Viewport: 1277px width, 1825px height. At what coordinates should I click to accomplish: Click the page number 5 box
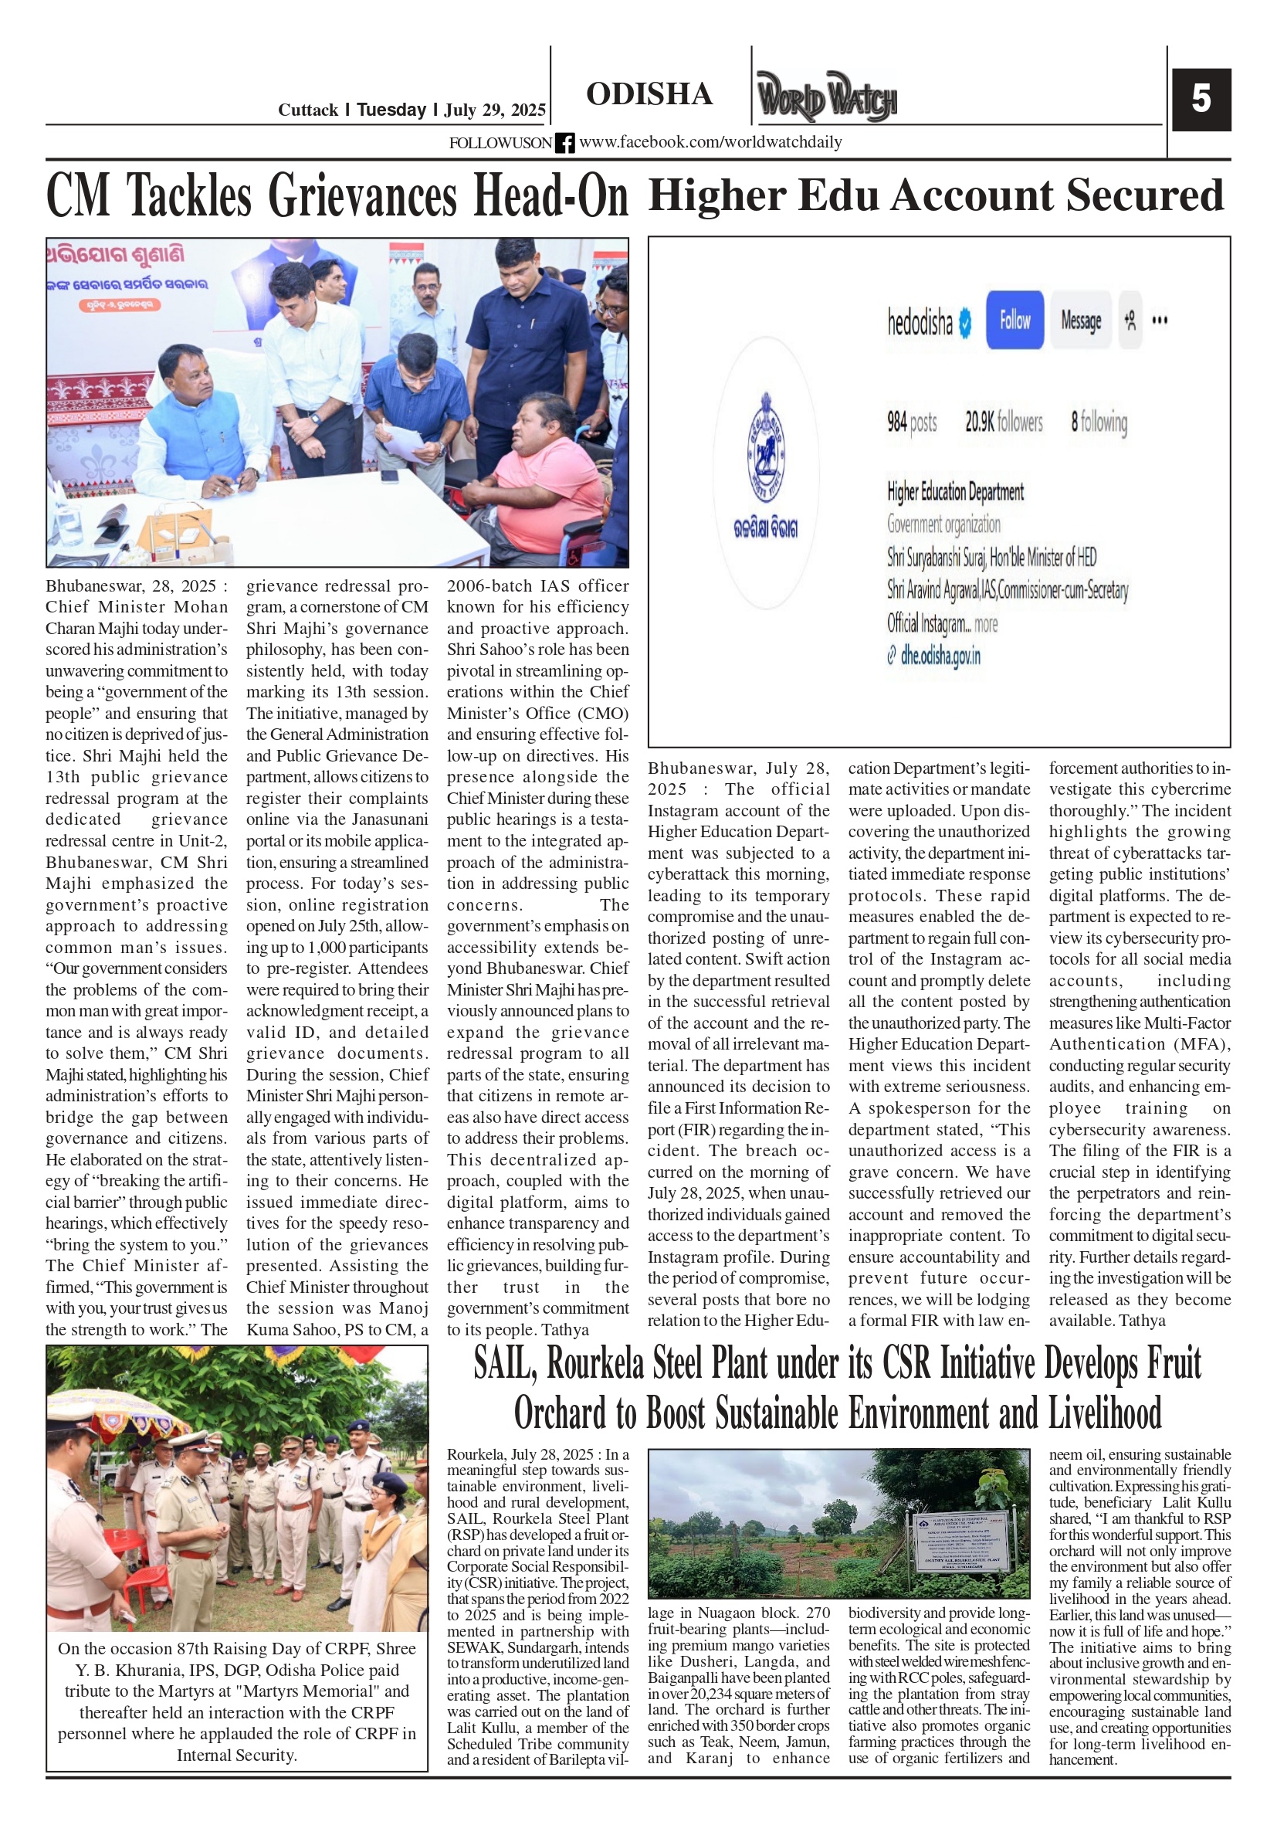coord(1200,100)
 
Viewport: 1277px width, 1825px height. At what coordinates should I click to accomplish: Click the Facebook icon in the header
coord(564,143)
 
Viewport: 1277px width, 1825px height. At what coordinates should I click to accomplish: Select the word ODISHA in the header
coord(649,93)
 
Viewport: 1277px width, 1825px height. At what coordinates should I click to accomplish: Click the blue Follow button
coord(1014,321)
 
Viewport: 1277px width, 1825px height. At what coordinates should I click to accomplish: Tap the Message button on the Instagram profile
coord(1081,321)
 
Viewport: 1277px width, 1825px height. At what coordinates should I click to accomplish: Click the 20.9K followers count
coord(1004,422)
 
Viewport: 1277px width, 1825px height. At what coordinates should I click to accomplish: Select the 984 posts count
coord(912,422)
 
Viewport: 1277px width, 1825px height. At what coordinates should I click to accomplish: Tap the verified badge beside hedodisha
coord(966,323)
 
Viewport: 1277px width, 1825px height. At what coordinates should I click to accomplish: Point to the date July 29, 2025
coord(494,110)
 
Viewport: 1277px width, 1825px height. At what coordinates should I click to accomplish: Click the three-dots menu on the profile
coord(1160,321)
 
